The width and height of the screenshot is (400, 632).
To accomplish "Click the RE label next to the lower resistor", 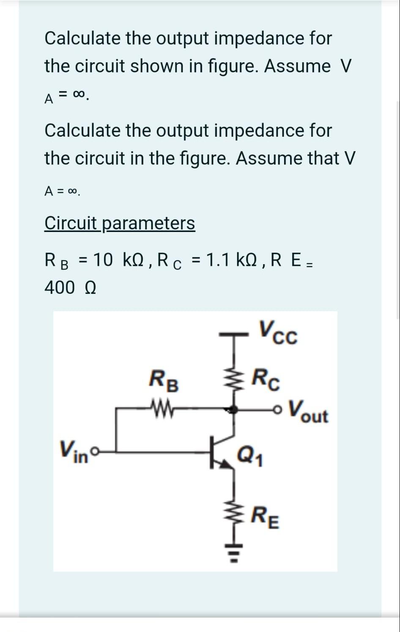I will pyautogui.click(x=265, y=519).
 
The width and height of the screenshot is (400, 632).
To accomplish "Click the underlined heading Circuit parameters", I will pyautogui.click(x=120, y=223).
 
